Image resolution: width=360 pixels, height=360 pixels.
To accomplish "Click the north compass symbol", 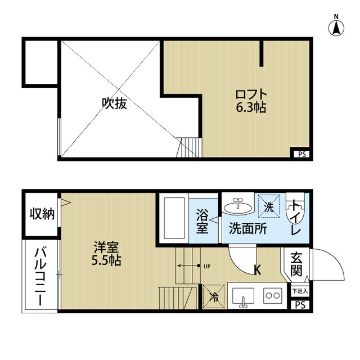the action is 336,26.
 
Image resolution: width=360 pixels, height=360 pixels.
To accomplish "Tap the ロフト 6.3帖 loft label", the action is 251,101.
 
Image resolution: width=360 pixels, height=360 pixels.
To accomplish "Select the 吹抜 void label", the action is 114,103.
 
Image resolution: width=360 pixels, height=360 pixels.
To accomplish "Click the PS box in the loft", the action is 301,154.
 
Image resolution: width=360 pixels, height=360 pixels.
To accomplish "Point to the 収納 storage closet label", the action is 42,214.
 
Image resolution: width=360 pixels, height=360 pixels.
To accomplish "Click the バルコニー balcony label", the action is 40,277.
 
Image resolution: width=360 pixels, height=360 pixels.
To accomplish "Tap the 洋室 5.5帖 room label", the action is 106,254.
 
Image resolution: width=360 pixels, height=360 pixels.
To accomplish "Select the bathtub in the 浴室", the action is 175,218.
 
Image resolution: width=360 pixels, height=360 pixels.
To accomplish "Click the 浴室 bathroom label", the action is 202,221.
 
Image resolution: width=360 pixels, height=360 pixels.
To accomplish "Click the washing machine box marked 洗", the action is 269,206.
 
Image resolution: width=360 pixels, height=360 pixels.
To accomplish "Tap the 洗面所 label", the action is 248,228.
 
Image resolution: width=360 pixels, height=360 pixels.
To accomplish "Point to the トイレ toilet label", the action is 296,218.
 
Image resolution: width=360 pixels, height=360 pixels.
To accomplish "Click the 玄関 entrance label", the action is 296,264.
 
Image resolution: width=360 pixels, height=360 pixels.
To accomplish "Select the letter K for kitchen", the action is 258,270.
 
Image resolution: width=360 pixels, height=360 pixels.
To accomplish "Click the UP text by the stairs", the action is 207,267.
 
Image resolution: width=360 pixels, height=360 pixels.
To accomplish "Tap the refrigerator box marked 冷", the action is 214,296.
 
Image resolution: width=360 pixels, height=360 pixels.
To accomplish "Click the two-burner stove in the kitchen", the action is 273,296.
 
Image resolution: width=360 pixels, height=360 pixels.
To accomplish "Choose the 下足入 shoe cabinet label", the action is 300,291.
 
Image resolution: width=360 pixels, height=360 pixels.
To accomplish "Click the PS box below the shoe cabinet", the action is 300,305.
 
